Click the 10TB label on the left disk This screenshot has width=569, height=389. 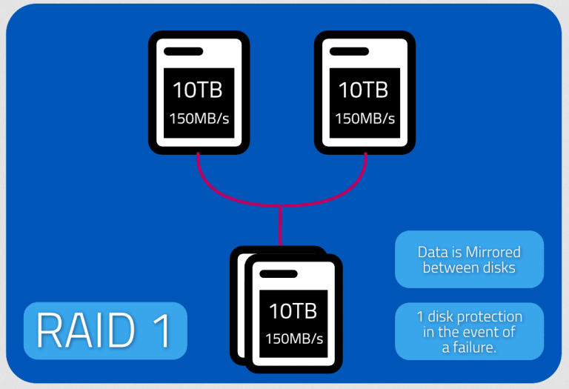pos(197,90)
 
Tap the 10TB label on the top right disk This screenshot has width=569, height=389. pos(363,90)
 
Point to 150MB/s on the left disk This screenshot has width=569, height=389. pos(197,119)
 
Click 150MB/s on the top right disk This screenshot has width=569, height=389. pos(363,119)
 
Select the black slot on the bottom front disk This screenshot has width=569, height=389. pos(277,274)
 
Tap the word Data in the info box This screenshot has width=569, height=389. pos(432,252)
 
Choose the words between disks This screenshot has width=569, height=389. pos(469,267)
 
